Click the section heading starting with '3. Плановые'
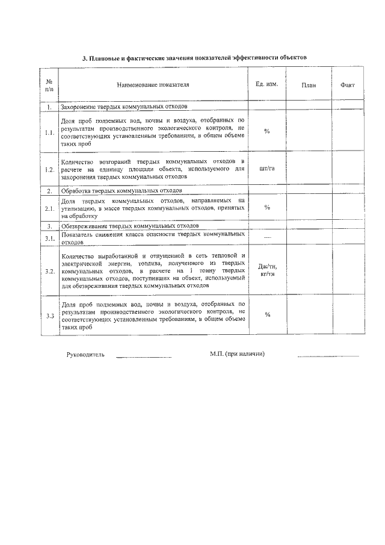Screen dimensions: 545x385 click(x=194, y=58)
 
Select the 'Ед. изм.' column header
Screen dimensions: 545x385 click(x=266, y=84)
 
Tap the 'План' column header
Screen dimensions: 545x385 click(x=309, y=85)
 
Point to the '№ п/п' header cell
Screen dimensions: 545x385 click(x=49, y=85)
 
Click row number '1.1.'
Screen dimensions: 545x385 click(x=49, y=132)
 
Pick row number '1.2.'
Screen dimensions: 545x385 click(x=49, y=170)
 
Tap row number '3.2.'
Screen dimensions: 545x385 click(x=49, y=271)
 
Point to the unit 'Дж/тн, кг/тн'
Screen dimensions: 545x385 click(x=266, y=270)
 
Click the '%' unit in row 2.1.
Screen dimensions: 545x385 click(x=266, y=208)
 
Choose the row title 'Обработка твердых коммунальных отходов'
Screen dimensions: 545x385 click(x=120, y=190)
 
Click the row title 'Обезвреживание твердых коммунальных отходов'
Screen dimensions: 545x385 click(x=129, y=225)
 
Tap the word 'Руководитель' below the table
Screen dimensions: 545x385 click(x=85, y=354)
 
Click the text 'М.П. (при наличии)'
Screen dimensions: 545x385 click(x=233, y=353)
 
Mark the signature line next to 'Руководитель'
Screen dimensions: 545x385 click(x=143, y=357)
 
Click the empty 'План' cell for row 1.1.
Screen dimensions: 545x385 click(x=309, y=132)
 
